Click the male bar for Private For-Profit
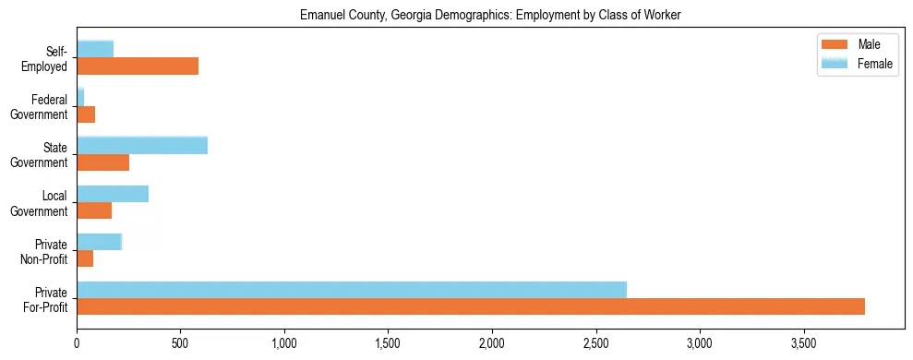pyautogui.click(x=471, y=306)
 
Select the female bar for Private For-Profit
pyautogui.click(x=352, y=290)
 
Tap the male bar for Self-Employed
pyautogui.click(x=138, y=66)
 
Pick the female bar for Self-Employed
pyautogui.click(x=95, y=49)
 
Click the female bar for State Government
pyautogui.click(x=142, y=145)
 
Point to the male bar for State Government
pyautogui.click(x=102, y=162)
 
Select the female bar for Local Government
pyautogui.click(x=113, y=194)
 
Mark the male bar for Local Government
pyautogui.click(x=94, y=210)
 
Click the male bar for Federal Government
pyautogui.click(x=86, y=114)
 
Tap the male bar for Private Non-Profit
pyautogui.click(x=85, y=258)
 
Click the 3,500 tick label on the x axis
pyautogui.click(x=804, y=343)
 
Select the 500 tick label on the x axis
pyautogui.click(x=180, y=343)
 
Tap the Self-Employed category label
pyautogui.click(x=48, y=58)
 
